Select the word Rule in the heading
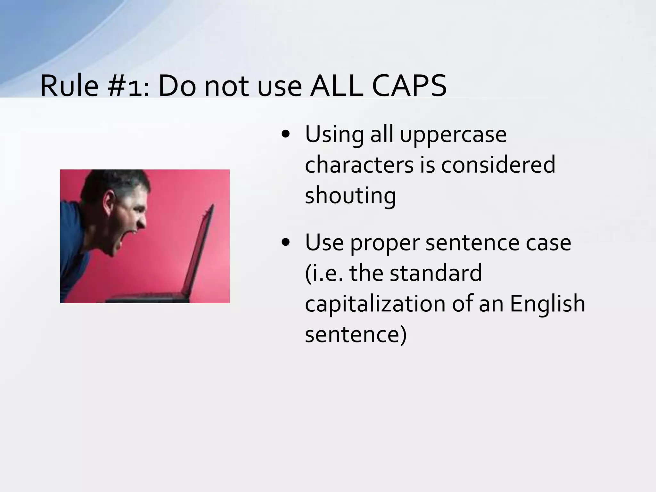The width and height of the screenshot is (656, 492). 69,86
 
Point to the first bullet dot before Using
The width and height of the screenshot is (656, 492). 285,135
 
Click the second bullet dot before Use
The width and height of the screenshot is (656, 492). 285,242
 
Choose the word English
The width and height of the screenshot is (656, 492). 547,304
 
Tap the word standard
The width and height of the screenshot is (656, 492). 436,273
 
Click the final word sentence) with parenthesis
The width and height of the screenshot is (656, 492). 356,334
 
